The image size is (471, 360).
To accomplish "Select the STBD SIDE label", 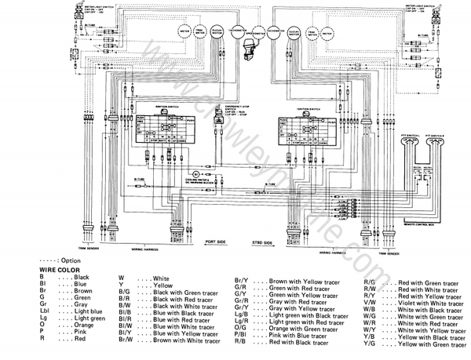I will tap(263, 244).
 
